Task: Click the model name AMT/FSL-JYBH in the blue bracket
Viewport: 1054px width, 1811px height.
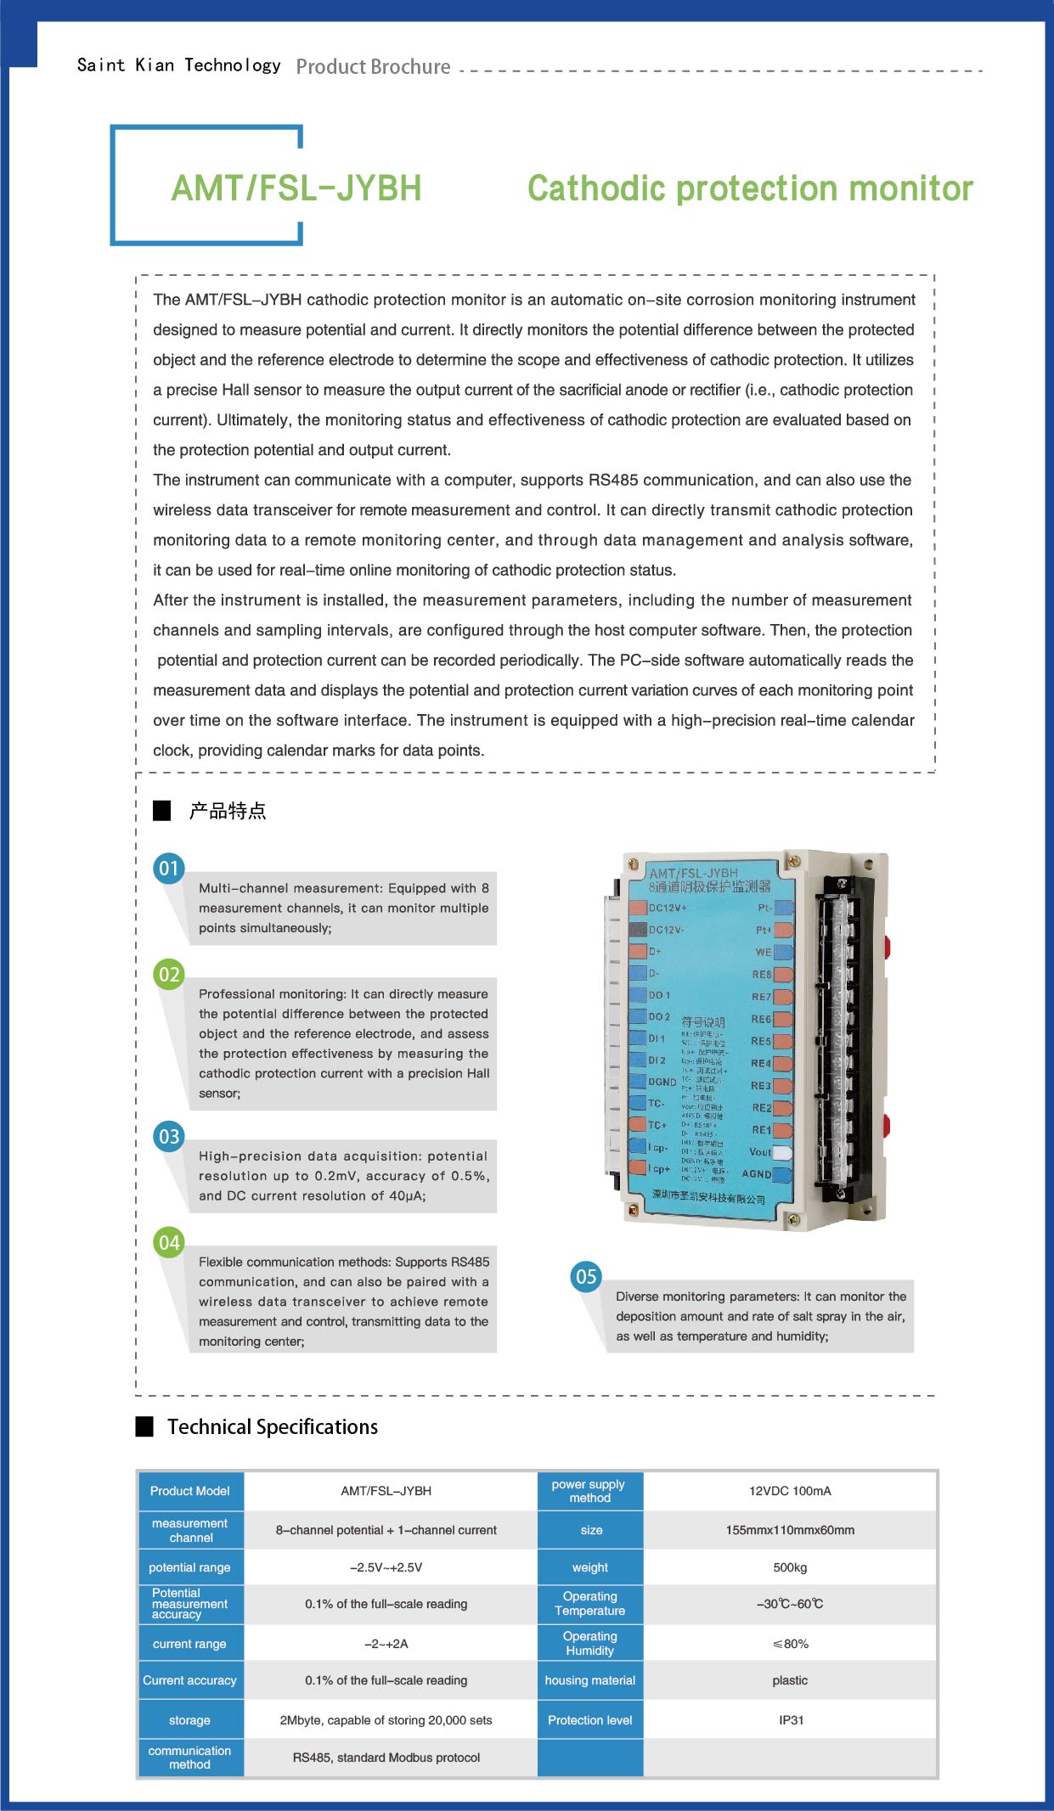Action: [296, 188]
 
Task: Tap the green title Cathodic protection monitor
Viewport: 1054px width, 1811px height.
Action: [750, 188]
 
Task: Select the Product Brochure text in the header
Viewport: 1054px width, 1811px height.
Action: [373, 67]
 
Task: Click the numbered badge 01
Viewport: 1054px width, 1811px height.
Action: [169, 869]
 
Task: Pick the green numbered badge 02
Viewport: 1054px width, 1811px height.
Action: [169, 975]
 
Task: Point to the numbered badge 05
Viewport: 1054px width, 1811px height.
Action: [586, 1277]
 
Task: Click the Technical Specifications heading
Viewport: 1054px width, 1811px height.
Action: [272, 1427]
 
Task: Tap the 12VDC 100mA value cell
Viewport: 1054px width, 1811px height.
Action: [790, 1491]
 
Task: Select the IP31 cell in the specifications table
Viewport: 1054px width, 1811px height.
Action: [791, 1720]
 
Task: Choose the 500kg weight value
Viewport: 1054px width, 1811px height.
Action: [790, 1567]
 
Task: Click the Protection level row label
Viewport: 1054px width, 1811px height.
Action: [590, 1720]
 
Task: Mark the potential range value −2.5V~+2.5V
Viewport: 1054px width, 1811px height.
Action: [386, 1567]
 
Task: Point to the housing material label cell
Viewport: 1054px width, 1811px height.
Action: [590, 1680]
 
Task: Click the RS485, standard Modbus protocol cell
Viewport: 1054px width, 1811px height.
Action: [386, 1758]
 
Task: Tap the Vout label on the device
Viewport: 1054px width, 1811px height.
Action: [760, 1152]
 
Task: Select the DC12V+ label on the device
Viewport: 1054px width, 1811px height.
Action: [668, 908]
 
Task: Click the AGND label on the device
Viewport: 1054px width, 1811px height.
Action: [757, 1174]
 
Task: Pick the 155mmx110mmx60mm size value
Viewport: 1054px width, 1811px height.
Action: [790, 1530]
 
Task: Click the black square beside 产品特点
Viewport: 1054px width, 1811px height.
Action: [162, 811]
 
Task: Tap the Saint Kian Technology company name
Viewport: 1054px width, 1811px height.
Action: [178, 65]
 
